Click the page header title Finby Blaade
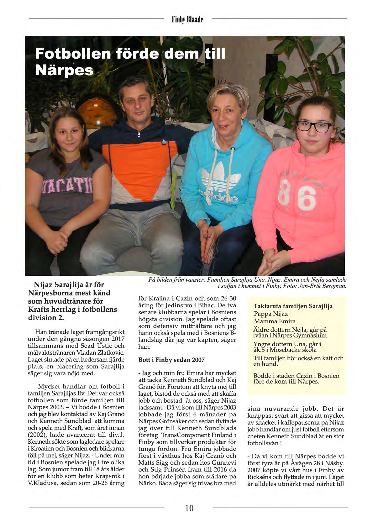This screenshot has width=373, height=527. (187, 19)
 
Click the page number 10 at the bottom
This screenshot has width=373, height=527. (189, 508)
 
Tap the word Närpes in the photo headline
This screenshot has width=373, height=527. (64, 70)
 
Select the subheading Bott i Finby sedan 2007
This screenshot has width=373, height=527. (171, 360)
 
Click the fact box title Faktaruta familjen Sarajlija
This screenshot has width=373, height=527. (293, 306)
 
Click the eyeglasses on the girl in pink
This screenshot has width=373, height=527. (314, 127)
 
